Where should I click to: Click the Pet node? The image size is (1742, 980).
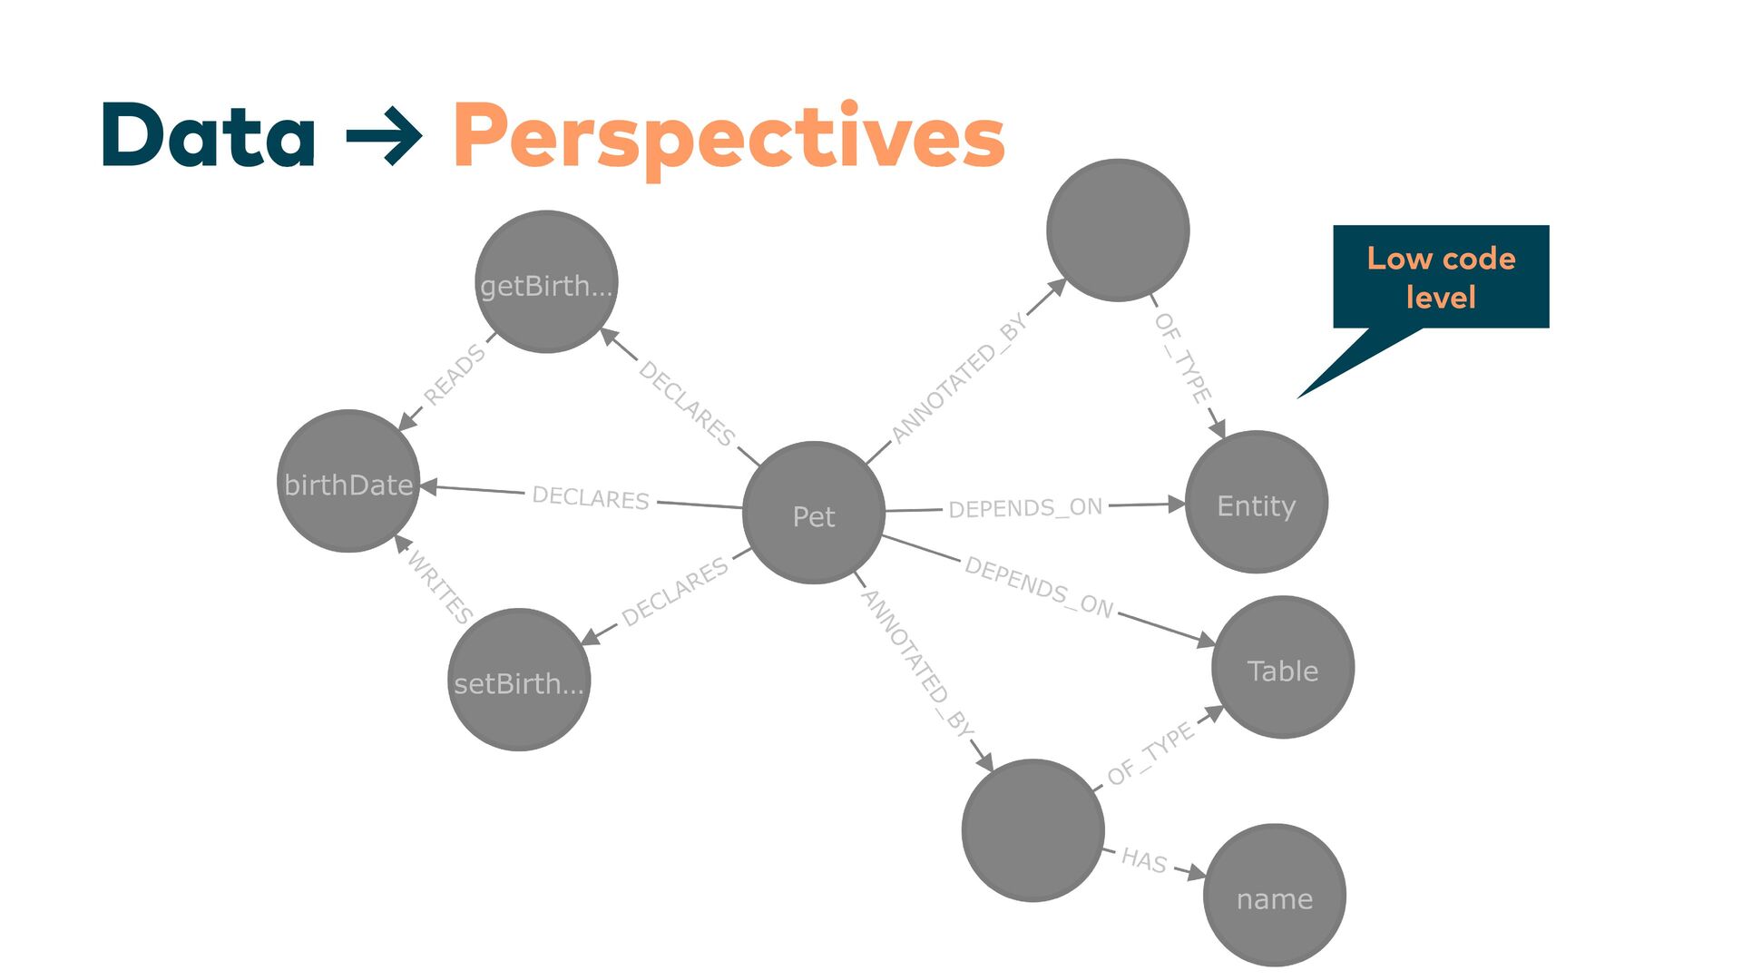tap(813, 514)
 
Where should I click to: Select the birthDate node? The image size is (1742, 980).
tap(348, 482)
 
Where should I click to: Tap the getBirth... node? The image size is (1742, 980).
tap(546, 282)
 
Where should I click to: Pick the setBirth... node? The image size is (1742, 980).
tap(519, 680)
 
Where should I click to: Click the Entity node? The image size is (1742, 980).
tap(1256, 503)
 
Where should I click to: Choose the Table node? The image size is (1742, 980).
tap(1282, 668)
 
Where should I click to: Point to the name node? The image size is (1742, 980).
tap(1274, 896)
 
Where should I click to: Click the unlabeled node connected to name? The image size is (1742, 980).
tap(1032, 830)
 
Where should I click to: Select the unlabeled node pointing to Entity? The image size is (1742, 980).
tap(1117, 230)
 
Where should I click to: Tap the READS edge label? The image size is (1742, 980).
tap(455, 374)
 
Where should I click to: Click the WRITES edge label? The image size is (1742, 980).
tap(440, 586)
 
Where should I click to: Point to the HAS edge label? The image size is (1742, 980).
tap(1144, 859)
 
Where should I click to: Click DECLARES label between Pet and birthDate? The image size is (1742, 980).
tap(591, 497)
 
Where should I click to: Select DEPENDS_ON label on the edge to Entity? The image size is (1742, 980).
tap(1025, 507)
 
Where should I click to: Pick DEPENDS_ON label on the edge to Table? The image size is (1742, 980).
tap(1039, 586)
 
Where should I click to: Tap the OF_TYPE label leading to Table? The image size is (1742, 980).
tap(1150, 753)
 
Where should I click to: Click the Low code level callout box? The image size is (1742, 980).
tap(1440, 277)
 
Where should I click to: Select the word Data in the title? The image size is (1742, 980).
tap(209, 136)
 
